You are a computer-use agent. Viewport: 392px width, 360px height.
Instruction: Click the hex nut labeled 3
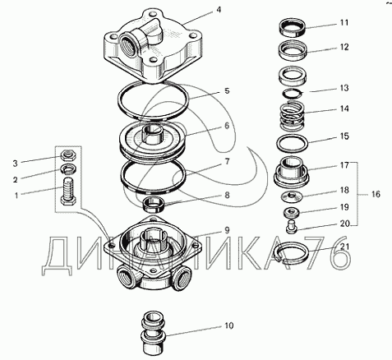tap(68, 156)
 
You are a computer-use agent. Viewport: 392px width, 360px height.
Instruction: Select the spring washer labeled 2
tap(68, 169)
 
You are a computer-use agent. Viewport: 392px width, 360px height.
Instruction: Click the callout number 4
tap(219, 10)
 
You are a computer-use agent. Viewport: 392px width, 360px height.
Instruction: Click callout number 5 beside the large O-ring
tap(227, 90)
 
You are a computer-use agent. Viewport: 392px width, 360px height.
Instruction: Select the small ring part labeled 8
tap(154, 205)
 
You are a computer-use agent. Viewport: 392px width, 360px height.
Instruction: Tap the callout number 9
tap(227, 230)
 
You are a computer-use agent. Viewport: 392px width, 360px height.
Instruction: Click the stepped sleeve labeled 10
tap(153, 332)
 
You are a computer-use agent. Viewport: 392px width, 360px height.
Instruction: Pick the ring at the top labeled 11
tap(292, 28)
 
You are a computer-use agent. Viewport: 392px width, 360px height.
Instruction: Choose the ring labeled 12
tap(293, 50)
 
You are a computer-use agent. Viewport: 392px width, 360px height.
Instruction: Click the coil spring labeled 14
tap(292, 115)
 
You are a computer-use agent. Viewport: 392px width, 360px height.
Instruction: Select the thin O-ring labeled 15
tap(293, 143)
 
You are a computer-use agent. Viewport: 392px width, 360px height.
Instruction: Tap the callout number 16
tap(376, 194)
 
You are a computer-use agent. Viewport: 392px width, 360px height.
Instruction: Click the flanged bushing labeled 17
tap(292, 172)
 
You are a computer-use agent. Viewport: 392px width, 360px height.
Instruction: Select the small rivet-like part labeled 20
tap(292, 227)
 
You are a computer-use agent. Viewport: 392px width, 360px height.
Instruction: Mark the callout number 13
tap(344, 88)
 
